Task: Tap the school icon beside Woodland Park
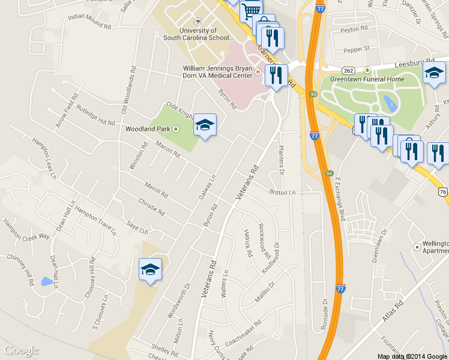205,125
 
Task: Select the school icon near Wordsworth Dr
150,269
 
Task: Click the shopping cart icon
251,10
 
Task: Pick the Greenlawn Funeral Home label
367,79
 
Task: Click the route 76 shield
443,191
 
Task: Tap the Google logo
22,350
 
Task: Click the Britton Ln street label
283,193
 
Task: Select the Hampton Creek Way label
26,229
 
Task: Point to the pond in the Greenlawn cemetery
391,104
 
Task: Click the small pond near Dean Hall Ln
46,281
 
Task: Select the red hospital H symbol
258,72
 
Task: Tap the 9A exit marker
329,173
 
